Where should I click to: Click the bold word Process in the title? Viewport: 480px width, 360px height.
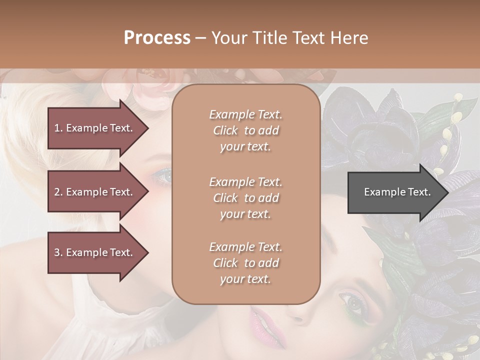pyautogui.click(x=157, y=38)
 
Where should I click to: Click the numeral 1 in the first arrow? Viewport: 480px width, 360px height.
pyautogui.click(x=57, y=128)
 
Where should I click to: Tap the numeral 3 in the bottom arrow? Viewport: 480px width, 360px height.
pyautogui.click(x=57, y=252)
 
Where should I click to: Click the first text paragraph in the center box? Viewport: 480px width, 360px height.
pyautogui.click(x=245, y=130)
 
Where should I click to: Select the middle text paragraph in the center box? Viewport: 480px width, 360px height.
pyautogui.click(x=245, y=197)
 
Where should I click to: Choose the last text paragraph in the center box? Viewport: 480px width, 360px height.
pyautogui.click(x=245, y=263)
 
